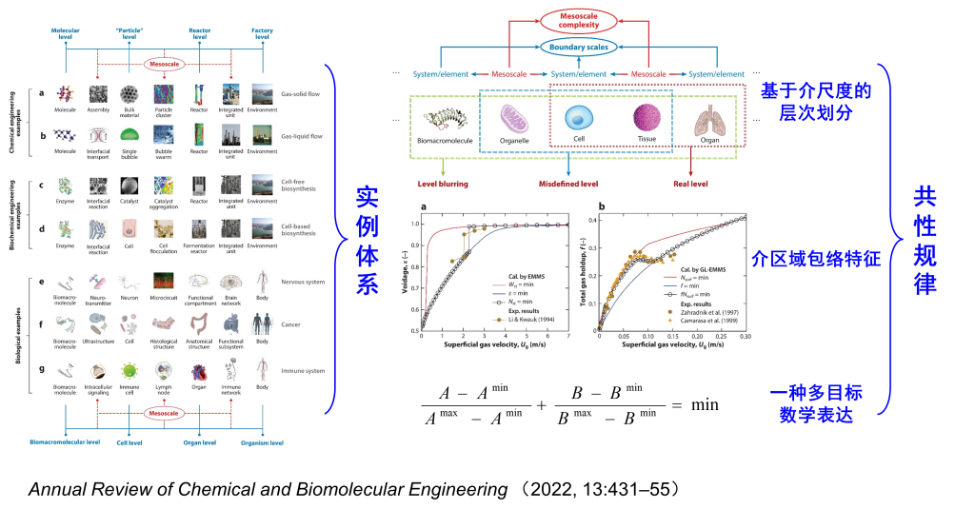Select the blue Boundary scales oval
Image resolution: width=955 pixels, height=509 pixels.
(x=576, y=47)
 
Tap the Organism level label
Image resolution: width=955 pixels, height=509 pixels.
(x=261, y=442)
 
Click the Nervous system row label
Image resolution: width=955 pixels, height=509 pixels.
(x=304, y=283)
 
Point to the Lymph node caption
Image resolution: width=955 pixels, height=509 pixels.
(x=163, y=390)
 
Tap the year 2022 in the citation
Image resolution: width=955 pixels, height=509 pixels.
(x=550, y=490)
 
